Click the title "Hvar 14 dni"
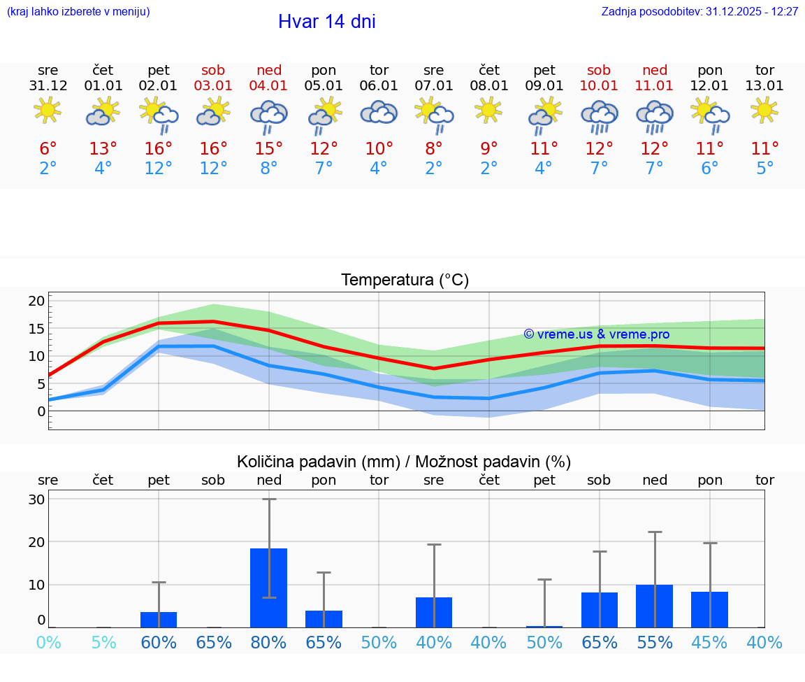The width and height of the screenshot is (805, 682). [x=326, y=22]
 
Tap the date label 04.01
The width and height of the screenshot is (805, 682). [x=269, y=86]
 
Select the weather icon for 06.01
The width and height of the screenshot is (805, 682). [x=379, y=113]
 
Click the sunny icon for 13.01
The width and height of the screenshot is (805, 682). [x=764, y=110]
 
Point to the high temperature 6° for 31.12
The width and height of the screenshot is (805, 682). [x=48, y=149]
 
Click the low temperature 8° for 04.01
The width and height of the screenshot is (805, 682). [x=269, y=169]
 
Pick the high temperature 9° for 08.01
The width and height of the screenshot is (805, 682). [x=489, y=149]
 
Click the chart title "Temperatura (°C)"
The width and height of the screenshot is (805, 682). [x=405, y=280]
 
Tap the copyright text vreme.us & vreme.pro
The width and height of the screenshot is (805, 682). [x=597, y=334]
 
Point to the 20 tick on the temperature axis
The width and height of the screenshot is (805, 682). [x=36, y=301]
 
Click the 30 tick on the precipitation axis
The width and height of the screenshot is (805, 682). [x=36, y=499]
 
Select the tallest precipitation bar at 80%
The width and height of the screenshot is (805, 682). [x=269, y=588]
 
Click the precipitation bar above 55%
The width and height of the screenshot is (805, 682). [x=655, y=606]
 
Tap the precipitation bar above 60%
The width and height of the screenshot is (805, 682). [x=159, y=620]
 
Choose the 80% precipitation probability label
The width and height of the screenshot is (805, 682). [x=269, y=642]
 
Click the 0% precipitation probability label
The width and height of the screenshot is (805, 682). [x=48, y=642]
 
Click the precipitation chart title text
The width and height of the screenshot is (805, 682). [x=404, y=462]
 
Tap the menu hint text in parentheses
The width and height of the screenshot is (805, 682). [x=78, y=12]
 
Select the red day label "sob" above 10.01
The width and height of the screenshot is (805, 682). [x=599, y=70]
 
